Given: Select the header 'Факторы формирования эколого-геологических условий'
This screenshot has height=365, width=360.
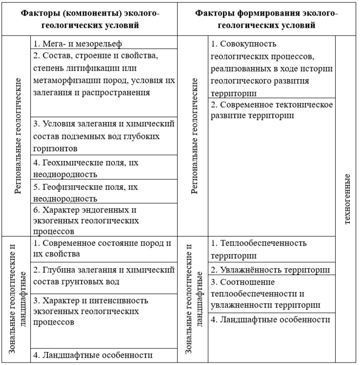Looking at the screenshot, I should (x=266, y=19).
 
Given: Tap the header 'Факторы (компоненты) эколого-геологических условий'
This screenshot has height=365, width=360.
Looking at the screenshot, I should (x=90, y=19).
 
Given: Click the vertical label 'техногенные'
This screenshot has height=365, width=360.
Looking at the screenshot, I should (x=347, y=199).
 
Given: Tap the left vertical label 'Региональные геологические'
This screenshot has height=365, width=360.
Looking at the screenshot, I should (x=18, y=135).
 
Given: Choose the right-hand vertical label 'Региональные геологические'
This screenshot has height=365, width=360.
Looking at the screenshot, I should (x=194, y=135).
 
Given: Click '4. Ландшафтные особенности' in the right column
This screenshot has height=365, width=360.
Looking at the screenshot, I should (x=271, y=320).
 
